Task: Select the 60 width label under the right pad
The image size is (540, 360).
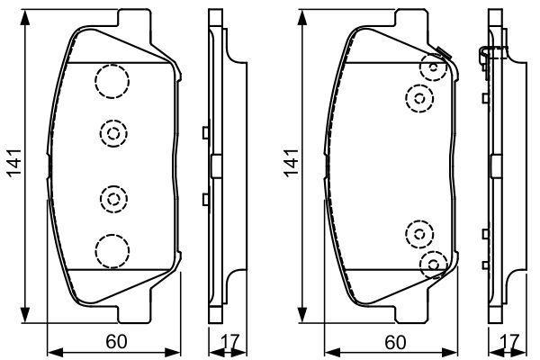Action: [394, 342]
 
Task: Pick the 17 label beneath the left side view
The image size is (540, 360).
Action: [231, 342]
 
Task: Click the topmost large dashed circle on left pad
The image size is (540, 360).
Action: [112, 82]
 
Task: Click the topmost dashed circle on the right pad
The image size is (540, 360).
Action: [434, 67]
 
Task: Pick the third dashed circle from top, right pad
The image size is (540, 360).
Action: [419, 234]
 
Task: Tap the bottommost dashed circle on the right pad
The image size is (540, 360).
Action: [434, 263]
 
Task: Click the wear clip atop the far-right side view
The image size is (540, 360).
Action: [487, 56]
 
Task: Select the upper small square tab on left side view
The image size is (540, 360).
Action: [206, 133]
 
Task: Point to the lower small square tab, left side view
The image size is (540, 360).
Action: [206, 198]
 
